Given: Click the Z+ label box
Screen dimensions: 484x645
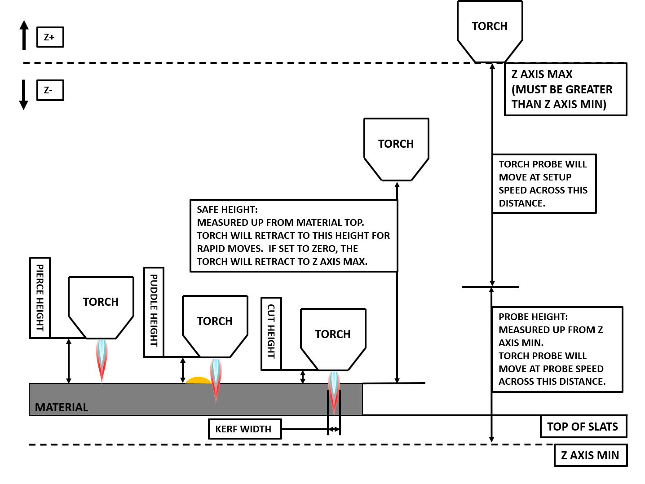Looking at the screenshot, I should point(50,37).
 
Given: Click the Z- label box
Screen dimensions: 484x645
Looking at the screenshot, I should point(50,90).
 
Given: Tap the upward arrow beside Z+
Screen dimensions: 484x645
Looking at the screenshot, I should point(24,35).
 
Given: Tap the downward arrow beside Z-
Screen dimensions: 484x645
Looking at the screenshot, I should point(24,94).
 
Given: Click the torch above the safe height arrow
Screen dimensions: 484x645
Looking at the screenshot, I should point(396,149).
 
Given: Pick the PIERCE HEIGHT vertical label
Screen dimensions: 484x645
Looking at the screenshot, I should point(40,298).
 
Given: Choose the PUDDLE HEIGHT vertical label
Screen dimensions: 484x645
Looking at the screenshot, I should point(154,312).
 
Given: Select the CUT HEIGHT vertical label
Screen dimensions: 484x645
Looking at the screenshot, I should point(271,333).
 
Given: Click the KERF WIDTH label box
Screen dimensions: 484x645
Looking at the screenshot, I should point(245,429).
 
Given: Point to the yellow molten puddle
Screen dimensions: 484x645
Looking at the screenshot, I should point(198,381).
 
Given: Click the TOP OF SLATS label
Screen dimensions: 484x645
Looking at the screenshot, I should point(583,427).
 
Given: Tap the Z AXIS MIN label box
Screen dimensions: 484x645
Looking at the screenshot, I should point(590,455).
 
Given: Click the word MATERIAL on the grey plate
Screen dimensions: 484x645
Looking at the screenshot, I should point(62,407).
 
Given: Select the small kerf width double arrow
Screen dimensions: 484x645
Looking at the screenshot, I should point(334,430).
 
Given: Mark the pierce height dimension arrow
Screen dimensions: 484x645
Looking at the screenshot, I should point(69,361).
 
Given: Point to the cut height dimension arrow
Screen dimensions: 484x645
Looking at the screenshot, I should point(303,377).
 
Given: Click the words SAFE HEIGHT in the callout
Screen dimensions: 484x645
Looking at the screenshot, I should point(227,210).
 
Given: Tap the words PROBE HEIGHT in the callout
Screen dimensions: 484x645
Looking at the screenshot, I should point(533,317).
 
